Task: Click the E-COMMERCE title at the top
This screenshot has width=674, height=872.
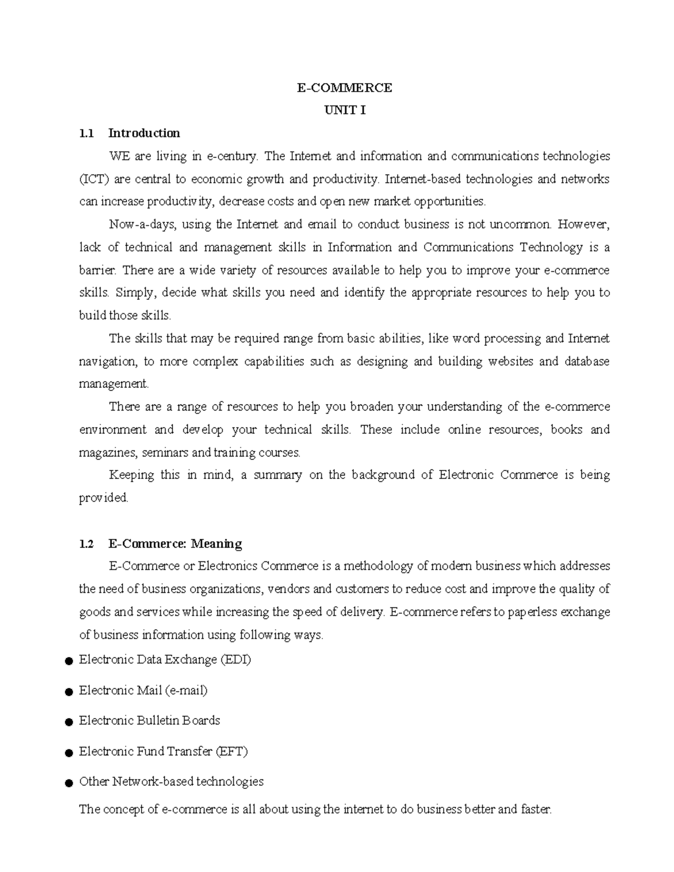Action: tap(344, 88)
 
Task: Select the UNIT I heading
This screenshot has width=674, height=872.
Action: tap(344, 110)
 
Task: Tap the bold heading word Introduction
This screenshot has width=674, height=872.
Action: tap(144, 133)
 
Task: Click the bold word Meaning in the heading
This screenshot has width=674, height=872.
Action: tap(216, 544)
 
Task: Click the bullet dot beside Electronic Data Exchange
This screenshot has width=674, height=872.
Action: tap(69, 661)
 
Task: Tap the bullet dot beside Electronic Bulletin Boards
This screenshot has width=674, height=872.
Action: tap(69, 722)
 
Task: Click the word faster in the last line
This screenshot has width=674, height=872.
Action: tap(536, 810)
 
